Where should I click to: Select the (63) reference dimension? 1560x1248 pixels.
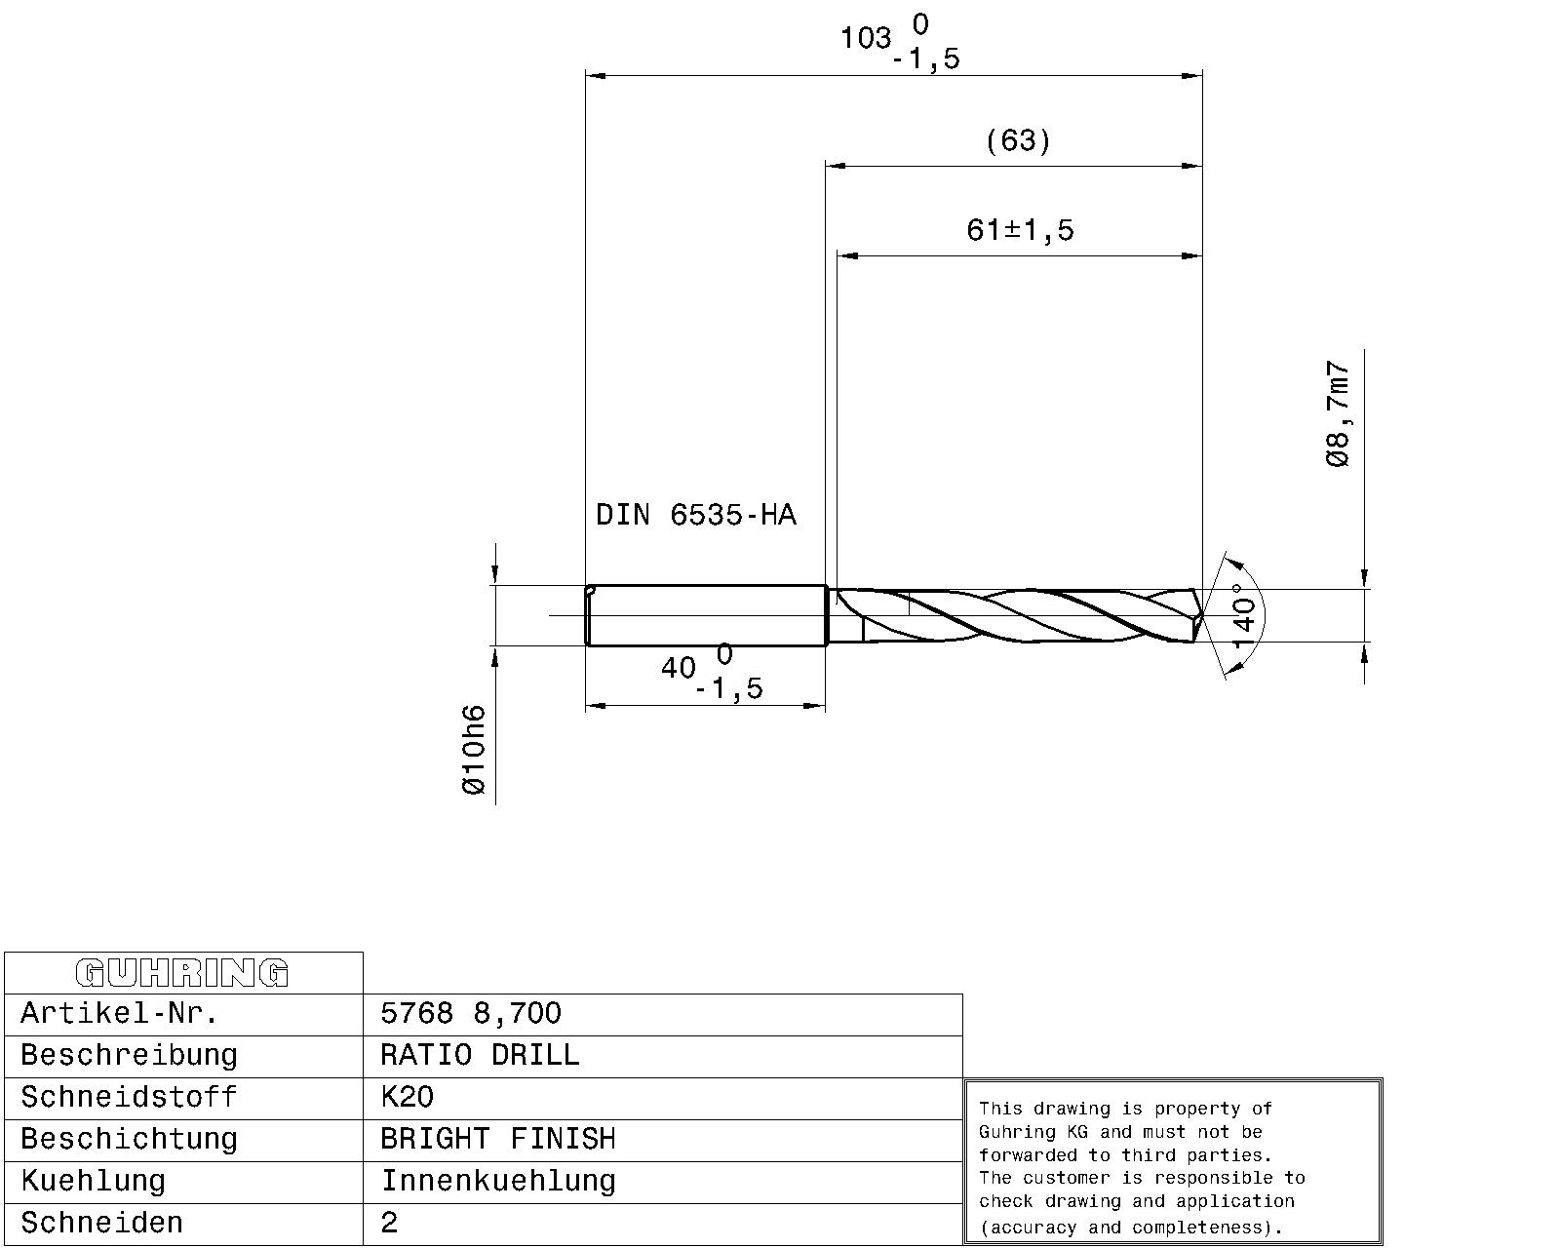[x=1018, y=140]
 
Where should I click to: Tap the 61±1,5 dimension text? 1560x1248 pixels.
[x=1019, y=230]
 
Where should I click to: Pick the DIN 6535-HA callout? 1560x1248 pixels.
[x=696, y=515]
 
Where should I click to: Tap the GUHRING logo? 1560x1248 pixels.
[x=182, y=972]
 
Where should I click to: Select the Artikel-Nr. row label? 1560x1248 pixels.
[x=119, y=1013]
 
